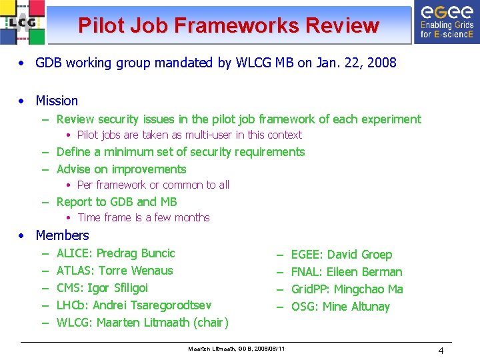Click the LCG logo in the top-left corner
[x=23, y=23]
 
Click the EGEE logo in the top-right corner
[x=446, y=23]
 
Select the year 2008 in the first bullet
[x=382, y=63]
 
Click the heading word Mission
[x=57, y=101]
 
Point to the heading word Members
[x=62, y=235]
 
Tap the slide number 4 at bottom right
[x=441, y=351]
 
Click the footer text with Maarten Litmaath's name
[x=237, y=349]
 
